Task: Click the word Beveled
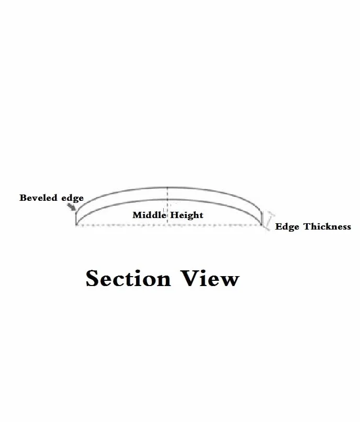click(x=38, y=198)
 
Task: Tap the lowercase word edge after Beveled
click(x=73, y=198)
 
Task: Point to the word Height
click(x=187, y=215)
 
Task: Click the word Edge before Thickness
click(x=287, y=227)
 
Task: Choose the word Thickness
click(x=328, y=226)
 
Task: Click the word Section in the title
click(x=128, y=278)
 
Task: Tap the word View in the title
click(x=210, y=278)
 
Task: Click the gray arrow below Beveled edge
click(x=72, y=207)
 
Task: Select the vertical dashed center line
click(x=168, y=206)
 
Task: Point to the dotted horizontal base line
click(x=169, y=225)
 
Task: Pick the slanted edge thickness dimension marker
click(x=269, y=221)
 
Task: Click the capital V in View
click(x=190, y=278)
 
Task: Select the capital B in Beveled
click(x=23, y=198)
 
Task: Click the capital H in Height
click(x=174, y=215)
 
